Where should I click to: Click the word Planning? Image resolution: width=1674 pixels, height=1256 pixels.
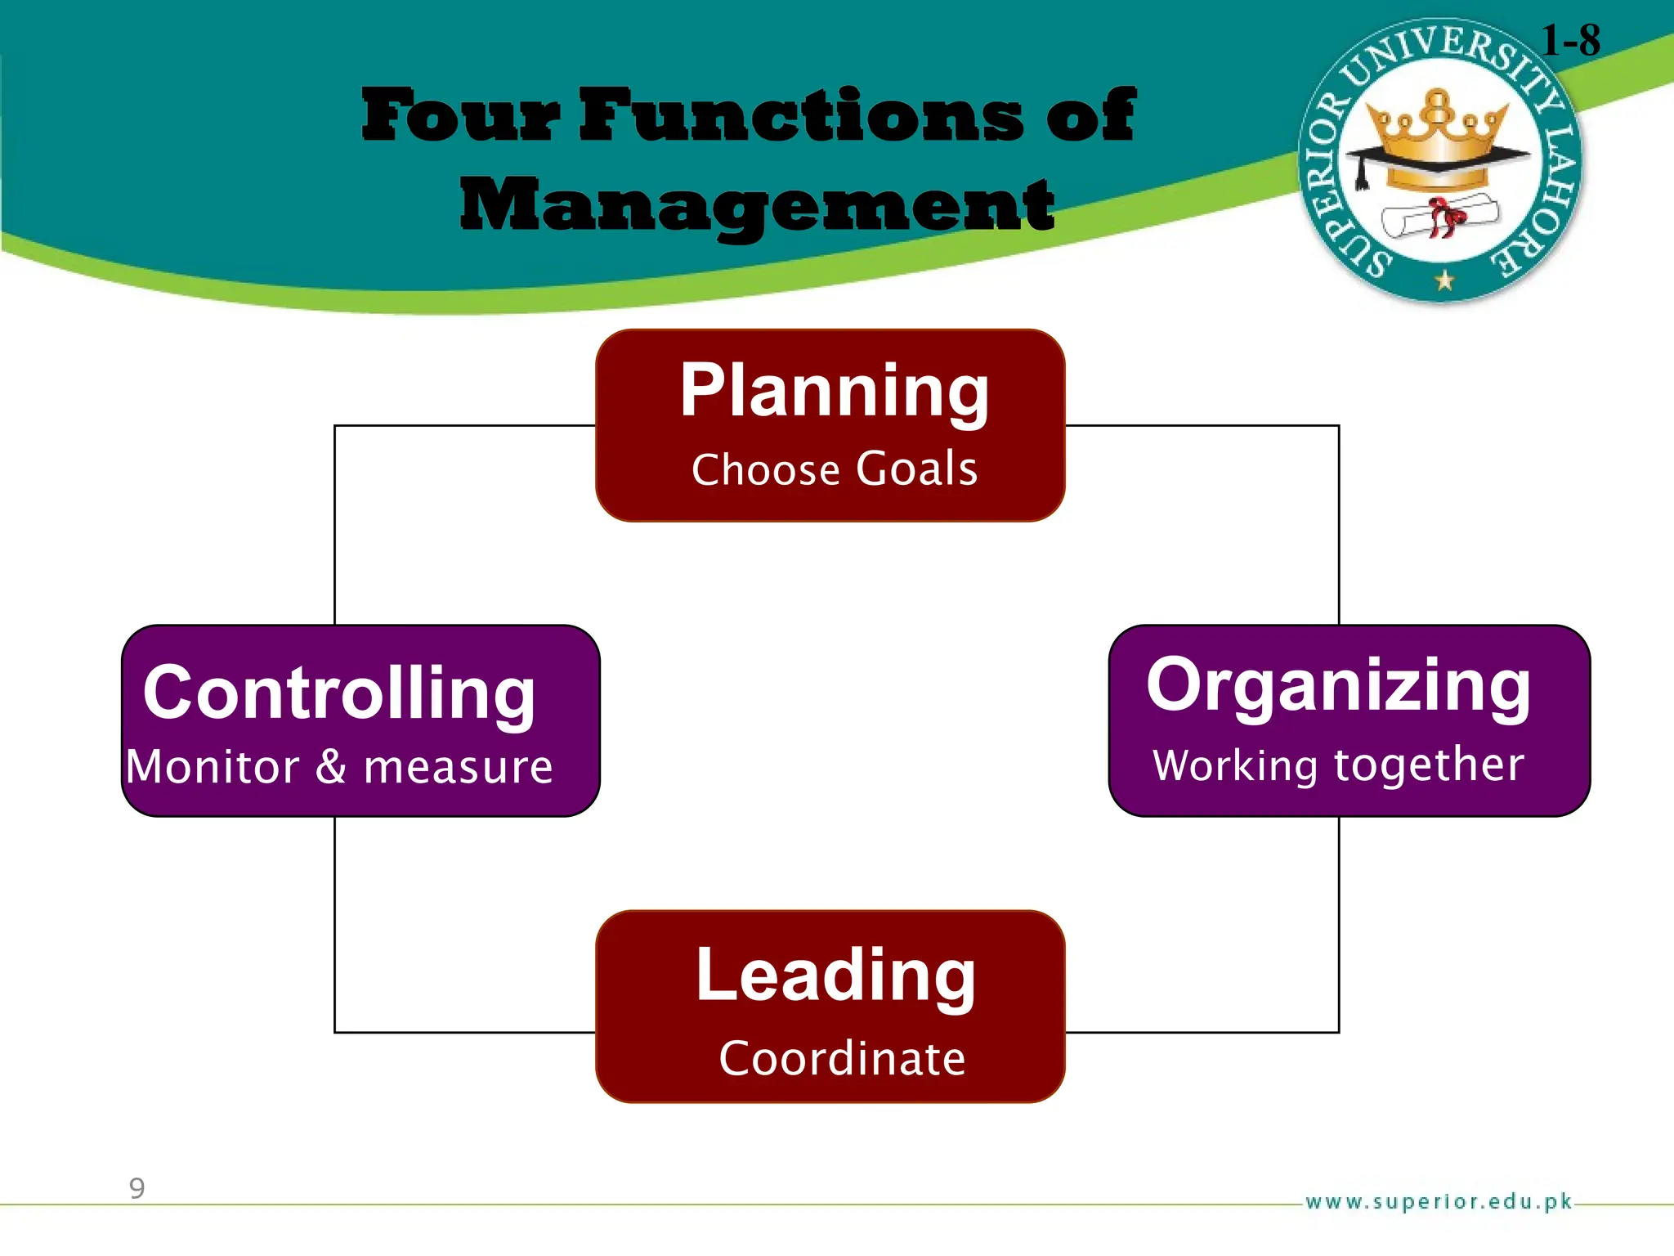point(834,392)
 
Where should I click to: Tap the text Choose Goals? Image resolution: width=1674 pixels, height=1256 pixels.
point(834,469)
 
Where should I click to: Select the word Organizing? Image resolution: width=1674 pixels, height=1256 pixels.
point(1338,686)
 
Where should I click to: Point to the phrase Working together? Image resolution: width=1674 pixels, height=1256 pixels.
point(1338,765)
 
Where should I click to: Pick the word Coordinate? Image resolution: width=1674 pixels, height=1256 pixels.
point(842,1058)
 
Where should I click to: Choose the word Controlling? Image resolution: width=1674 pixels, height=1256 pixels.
point(339,693)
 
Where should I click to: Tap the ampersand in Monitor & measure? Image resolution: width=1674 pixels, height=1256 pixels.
point(331,767)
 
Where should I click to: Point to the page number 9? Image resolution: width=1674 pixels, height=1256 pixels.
point(137,1187)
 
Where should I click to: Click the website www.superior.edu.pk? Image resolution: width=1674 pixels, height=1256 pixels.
point(1439,1201)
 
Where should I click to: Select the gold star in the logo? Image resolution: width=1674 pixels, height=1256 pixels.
point(1444,280)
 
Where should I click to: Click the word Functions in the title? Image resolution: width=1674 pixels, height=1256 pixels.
point(801,115)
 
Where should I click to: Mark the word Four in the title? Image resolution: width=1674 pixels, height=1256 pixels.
point(462,115)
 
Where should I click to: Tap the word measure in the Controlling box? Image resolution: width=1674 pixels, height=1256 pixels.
point(458,767)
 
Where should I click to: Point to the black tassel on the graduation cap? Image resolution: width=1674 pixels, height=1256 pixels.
point(1361,173)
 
